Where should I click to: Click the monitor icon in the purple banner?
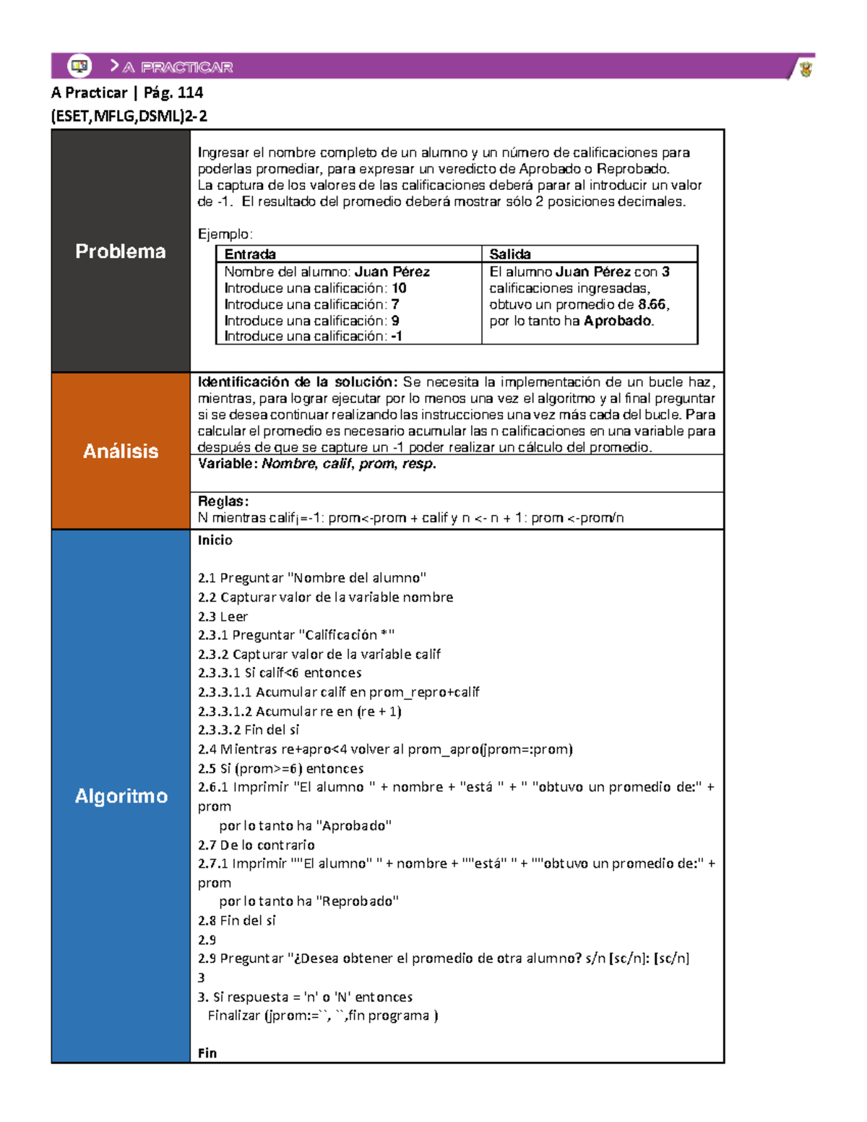coord(79,66)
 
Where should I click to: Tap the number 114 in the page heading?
coord(190,92)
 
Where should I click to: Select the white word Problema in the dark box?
coord(121,251)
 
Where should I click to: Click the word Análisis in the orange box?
coord(121,451)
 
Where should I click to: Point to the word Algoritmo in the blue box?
coord(121,795)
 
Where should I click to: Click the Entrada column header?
coord(250,254)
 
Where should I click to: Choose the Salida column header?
coord(510,254)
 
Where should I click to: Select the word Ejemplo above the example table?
coord(224,234)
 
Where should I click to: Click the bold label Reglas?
coord(223,501)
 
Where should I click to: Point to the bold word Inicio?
coord(215,540)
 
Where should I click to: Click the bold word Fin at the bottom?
coord(207,1053)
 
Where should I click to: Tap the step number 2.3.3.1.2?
coord(225,711)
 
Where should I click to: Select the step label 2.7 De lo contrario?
coord(256,845)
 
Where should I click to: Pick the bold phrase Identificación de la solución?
coord(297,382)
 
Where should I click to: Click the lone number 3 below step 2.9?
coord(202,978)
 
